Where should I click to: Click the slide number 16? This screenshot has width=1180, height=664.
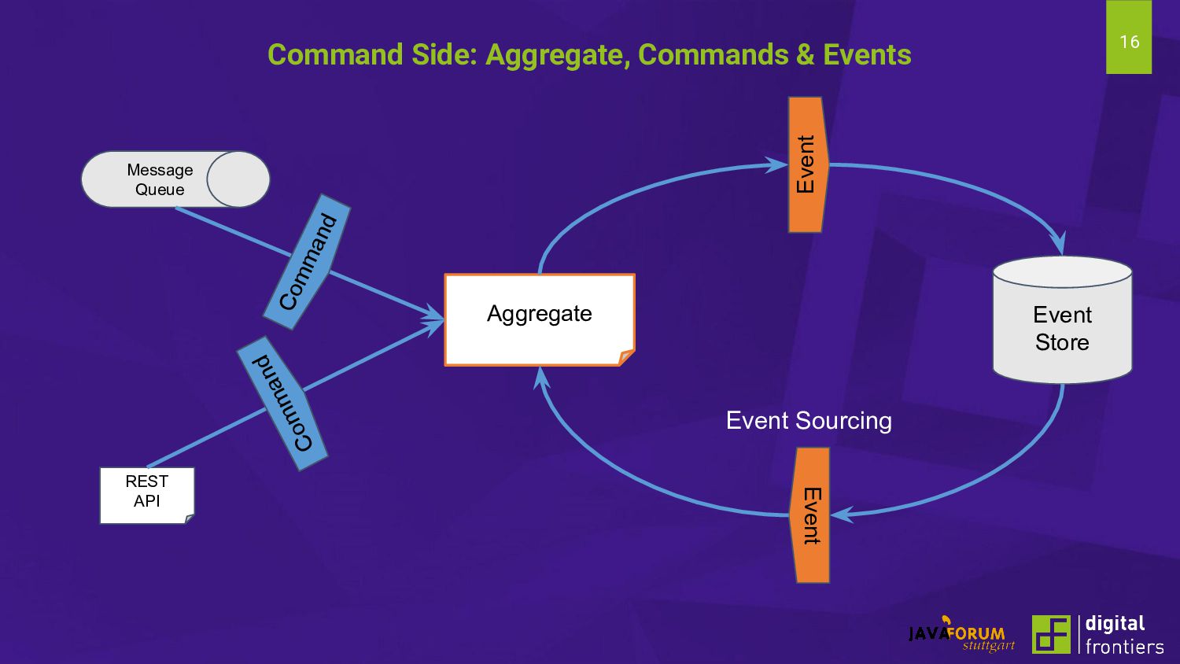click(x=1129, y=42)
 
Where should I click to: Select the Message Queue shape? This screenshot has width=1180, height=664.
click(x=175, y=179)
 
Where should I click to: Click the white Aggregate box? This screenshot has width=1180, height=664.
click(x=540, y=319)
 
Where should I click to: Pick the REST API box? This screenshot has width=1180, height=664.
click(x=147, y=495)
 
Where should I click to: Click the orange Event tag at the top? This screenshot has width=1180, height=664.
click(x=807, y=164)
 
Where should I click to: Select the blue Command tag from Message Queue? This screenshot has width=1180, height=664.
click(x=308, y=261)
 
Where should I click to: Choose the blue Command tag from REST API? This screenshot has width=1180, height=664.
click(x=282, y=404)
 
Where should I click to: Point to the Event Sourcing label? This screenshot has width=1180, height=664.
click(x=809, y=421)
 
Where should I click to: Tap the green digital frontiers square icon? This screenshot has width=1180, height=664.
click(x=1051, y=634)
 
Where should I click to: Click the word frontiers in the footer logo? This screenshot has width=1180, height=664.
click(x=1124, y=647)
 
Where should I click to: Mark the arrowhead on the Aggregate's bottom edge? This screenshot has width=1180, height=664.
click(x=540, y=376)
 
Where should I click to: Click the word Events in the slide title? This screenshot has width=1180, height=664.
click(x=867, y=55)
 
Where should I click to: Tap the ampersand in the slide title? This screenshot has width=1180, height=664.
click(x=805, y=55)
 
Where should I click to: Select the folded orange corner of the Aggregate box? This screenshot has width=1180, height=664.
click(x=626, y=358)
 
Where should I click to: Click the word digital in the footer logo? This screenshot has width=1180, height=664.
click(x=1115, y=624)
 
